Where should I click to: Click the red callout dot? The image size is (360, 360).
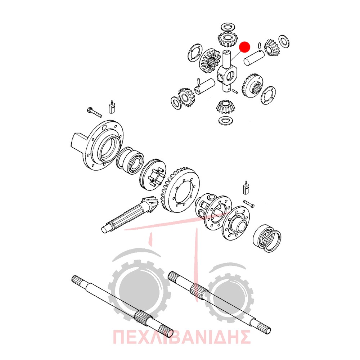(x=244, y=47)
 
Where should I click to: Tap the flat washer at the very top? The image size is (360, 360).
(x=228, y=27)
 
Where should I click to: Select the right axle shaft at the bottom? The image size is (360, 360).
(x=220, y=303)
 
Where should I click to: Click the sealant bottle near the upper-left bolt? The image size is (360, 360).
(x=112, y=107)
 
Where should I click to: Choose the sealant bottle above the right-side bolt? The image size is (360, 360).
(x=246, y=188)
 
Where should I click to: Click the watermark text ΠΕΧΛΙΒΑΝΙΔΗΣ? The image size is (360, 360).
(x=181, y=337)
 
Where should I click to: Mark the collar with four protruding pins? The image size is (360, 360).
(x=153, y=175)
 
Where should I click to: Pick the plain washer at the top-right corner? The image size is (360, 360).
(x=284, y=41)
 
